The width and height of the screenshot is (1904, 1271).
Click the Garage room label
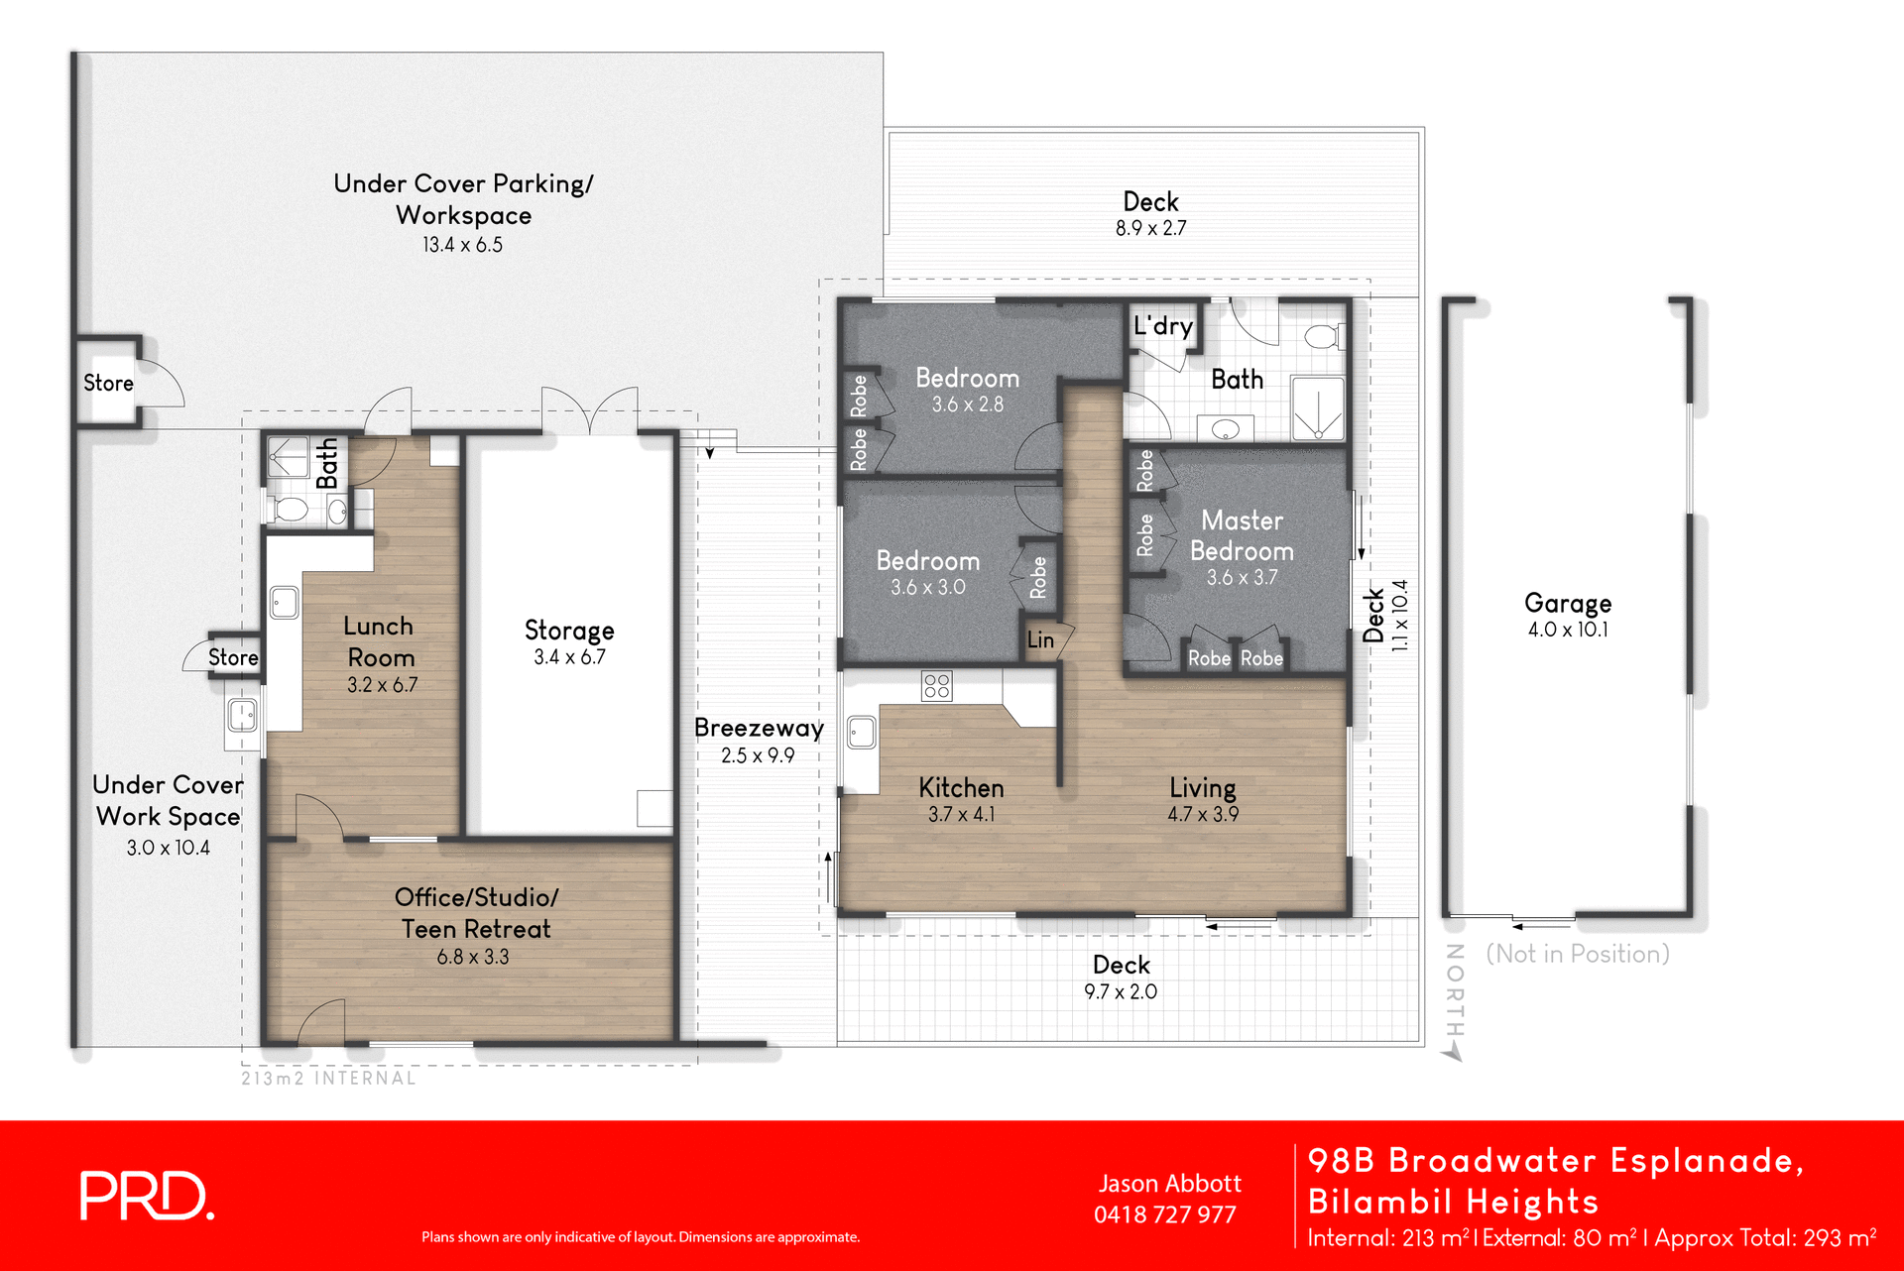(x=1567, y=603)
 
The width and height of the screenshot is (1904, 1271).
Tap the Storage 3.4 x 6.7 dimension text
(x=569, y=657)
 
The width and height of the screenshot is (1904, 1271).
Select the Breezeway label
(x=759, y=728)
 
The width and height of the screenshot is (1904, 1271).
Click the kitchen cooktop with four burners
(x=936, y=685)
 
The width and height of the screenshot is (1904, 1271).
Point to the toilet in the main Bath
(x=1323, y=336)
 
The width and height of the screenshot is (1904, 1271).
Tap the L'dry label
(x=1162, y=326)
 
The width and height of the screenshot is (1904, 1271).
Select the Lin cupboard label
(x=1040, y=640)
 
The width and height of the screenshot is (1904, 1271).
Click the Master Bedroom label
(x=1242, y=535)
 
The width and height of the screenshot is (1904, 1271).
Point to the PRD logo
(x=146, y=1196)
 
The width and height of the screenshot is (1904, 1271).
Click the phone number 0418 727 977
(x=1164, y=1215)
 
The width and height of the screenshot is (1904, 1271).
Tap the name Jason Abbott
(x=1169, y=1184)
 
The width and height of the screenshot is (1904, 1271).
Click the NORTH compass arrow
(x=1454, y=1052)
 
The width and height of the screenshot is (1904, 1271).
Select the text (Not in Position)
(x=1577, y=954)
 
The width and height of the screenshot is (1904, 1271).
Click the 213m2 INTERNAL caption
(x=328, y=1079)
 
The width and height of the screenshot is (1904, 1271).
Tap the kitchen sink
(x=861, y=733)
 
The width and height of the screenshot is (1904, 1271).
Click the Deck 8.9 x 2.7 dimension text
(x=1150, y=229)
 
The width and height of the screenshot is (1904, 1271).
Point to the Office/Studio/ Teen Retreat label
(x=476, y=912)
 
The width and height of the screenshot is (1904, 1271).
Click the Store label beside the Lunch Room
(x=233, y=657)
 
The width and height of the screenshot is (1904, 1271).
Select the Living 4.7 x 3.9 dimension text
(x=1202, y=815)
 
